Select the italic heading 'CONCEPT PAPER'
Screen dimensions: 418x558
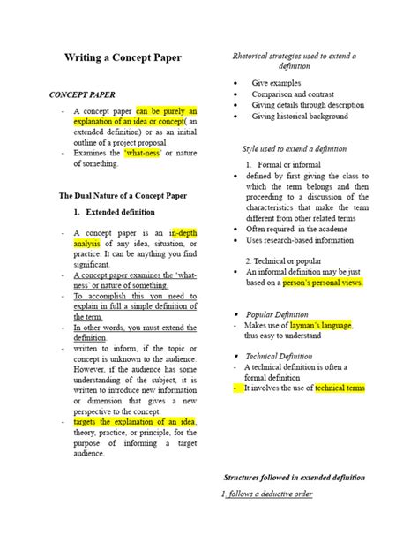(84, 94)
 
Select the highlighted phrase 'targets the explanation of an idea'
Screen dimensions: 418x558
(135, 422)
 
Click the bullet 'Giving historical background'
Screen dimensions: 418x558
(300, 116)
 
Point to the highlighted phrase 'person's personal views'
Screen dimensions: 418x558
(324, 283)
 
